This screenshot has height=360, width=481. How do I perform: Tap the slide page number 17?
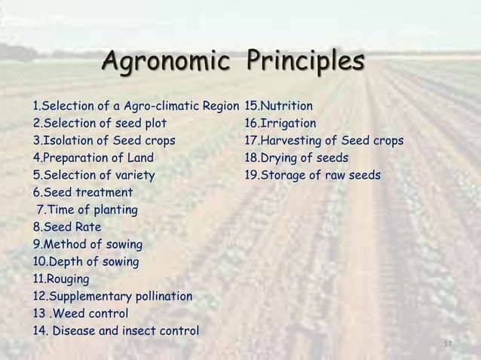click(448, 343)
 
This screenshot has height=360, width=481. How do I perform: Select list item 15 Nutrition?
click(279, 106)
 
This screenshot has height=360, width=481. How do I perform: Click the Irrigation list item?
click(280, 124)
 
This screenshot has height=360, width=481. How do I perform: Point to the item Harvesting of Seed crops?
click(323, 141)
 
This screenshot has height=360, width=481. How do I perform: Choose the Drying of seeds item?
click(296, 158)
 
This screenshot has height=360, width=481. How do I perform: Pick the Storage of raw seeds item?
click(312, 175)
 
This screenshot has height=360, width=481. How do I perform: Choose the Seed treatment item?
click(78, 193)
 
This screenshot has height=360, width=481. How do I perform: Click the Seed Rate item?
click(66, 227)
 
